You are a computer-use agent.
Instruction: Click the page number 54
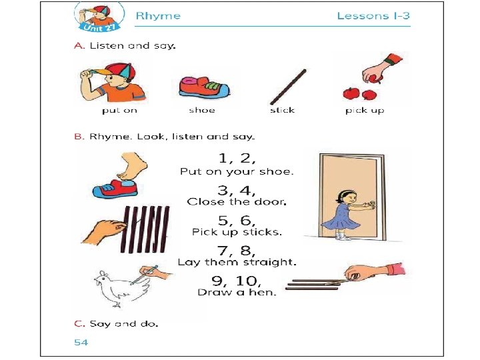[x=81, y=342]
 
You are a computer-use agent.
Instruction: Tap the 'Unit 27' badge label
[x=100, y=27]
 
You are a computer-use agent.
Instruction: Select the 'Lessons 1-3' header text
[x=373, y=16]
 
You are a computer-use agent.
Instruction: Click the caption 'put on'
[x=119, y=110]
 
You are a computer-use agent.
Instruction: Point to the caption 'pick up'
[x=365, y=110]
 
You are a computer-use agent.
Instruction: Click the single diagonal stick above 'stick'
[x=288, y=87]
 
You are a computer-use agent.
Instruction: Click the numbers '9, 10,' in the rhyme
[x=236, y=281]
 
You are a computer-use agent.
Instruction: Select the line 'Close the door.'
[x=237, y=202]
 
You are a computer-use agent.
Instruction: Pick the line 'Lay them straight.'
[x=237, y=263]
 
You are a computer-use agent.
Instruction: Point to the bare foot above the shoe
[x=132, y=165]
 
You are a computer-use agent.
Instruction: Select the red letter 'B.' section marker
[x=79, y=137]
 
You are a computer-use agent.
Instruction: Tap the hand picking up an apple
[x=380, y=69]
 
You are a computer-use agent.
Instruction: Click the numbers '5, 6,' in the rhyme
[x=237, y=221]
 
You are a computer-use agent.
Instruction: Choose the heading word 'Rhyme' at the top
[x=158, y=15]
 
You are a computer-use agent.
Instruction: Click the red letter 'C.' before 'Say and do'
[x=79, y=323]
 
